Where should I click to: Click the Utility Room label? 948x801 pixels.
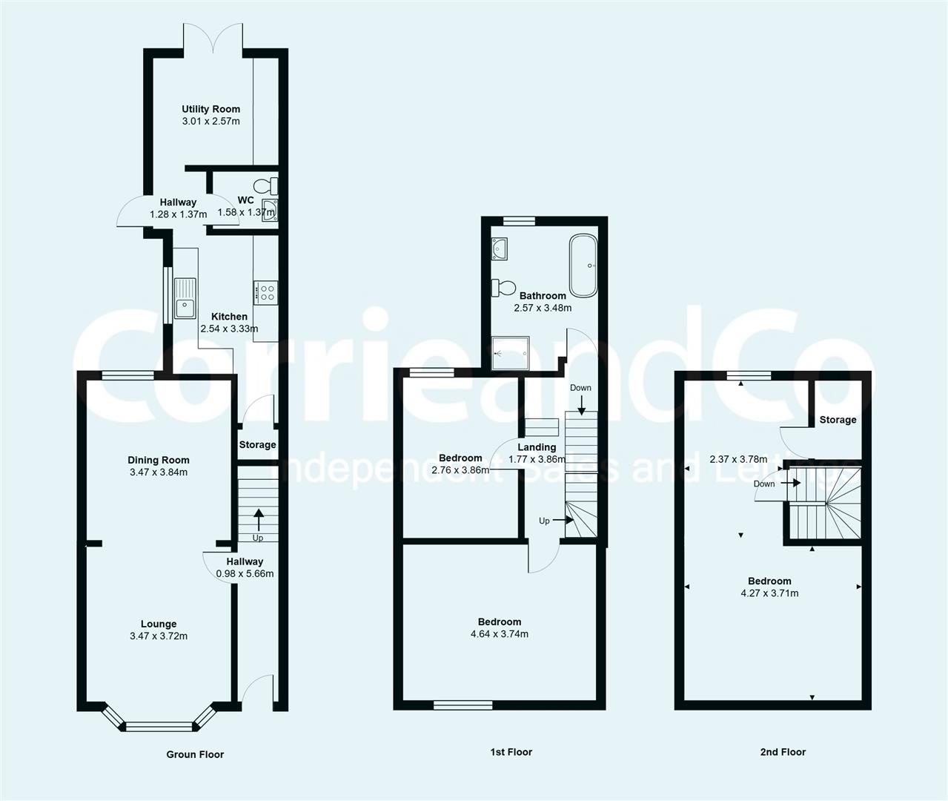[211, 109]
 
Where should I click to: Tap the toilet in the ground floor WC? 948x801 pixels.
[263, 185]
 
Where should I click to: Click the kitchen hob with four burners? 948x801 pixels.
[265, 291]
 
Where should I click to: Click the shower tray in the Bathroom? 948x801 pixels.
[511, 352]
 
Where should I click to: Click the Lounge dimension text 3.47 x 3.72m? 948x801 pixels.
[159, 636]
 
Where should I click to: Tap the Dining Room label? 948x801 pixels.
[159, 460]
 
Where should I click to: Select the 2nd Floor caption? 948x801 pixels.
[783, 752]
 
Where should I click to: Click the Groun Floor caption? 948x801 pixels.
[195, 754]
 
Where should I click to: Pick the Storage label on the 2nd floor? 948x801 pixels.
[838, 420]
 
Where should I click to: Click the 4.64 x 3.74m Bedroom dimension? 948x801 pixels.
[500, 634]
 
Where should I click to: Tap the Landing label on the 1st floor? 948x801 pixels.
[537, 447]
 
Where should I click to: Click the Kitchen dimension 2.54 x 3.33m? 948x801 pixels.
[229, 329]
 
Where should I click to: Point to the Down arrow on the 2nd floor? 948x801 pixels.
[795, 483]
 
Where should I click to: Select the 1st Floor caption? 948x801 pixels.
[511, 752]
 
